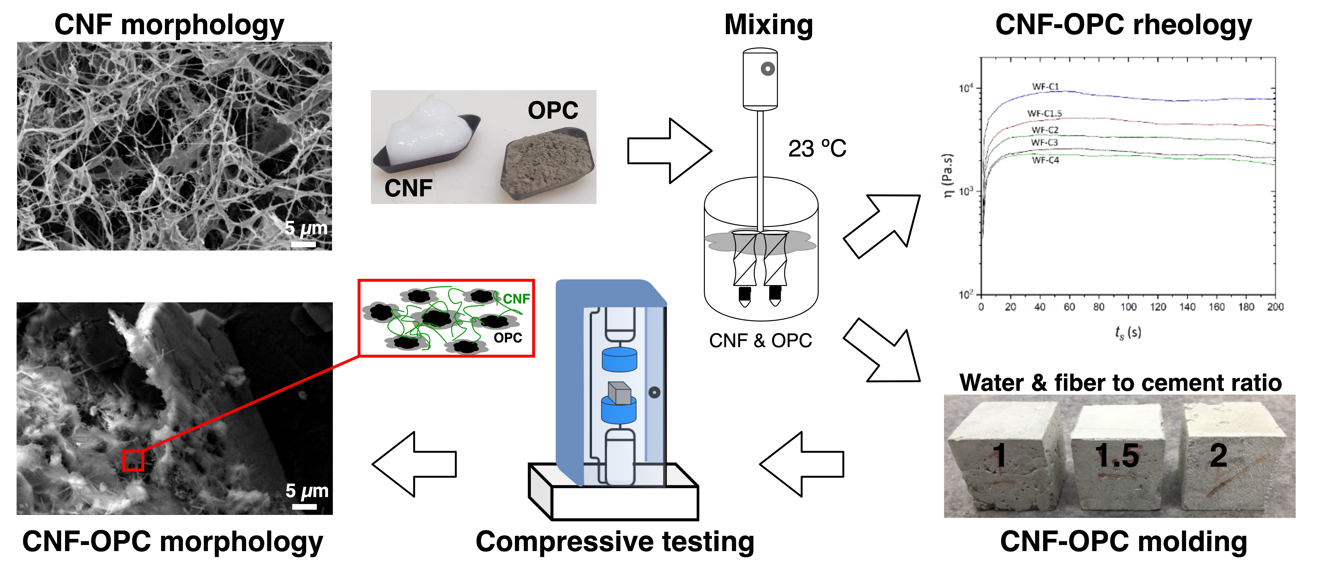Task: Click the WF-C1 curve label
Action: [1046, 87]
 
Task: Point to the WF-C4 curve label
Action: [1046, 160]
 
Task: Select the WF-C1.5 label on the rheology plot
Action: [1044, 113]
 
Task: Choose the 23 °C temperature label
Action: [817, 149]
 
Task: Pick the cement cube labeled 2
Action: [1234, 454]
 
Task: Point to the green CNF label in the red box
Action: [516, 299]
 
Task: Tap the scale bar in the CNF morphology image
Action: [304, 244]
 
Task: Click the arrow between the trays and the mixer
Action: [670, 151]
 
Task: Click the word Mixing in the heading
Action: [769, 25]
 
